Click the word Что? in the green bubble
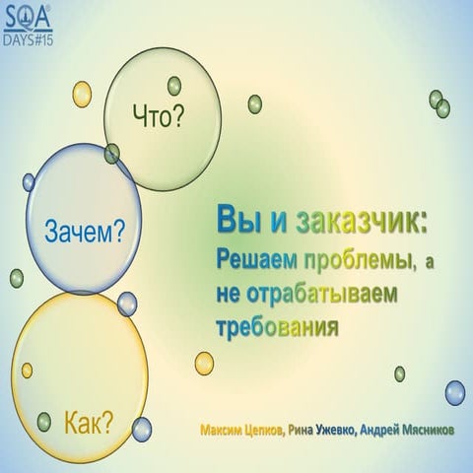pos(160,119)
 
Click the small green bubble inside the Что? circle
pos(174,86)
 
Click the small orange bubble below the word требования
pos(204,362)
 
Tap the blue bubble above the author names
pos(453,392)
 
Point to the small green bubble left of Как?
pos(43,421)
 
